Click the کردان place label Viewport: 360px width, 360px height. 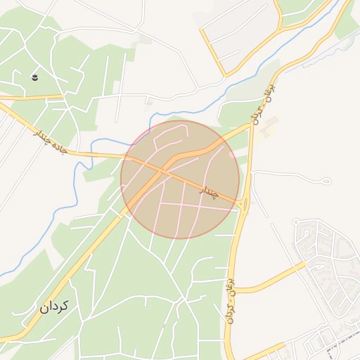tap(55, 307)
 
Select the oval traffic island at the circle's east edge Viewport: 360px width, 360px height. tap(243, 205)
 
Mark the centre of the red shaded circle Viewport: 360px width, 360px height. tap(180, 179)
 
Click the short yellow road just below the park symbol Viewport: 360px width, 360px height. tap(32, 97)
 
